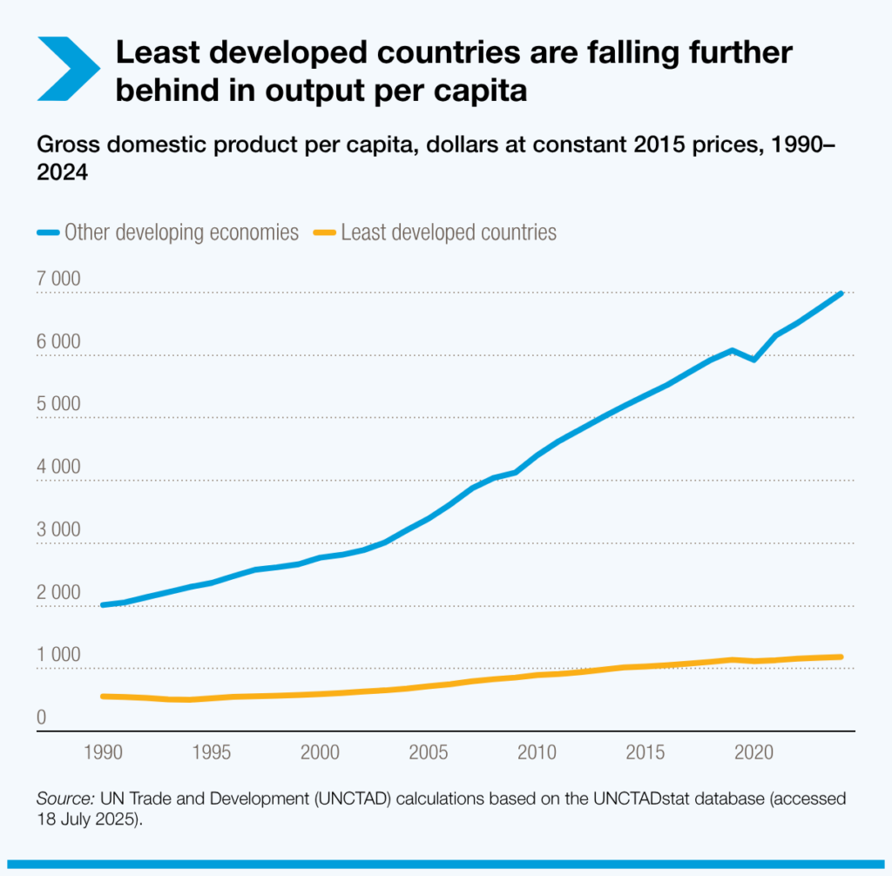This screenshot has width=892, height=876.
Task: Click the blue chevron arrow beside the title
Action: [x=69, y=69]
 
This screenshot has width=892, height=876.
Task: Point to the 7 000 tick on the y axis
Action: [x=59, y=280]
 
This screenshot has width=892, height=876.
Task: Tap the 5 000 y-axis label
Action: [x=59, y=405]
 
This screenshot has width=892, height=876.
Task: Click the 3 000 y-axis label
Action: [x=59, y=530]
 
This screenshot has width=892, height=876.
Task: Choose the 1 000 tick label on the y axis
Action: [x=59, y=656]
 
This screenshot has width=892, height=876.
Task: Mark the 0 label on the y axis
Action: [x=42, y=718]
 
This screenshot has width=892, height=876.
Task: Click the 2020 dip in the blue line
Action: [x=753, y=359]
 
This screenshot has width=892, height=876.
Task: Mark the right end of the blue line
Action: [x=841, y=293]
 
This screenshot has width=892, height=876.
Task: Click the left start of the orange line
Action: [x=103, y=696]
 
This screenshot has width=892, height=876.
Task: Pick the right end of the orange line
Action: [x=841, y=657]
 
